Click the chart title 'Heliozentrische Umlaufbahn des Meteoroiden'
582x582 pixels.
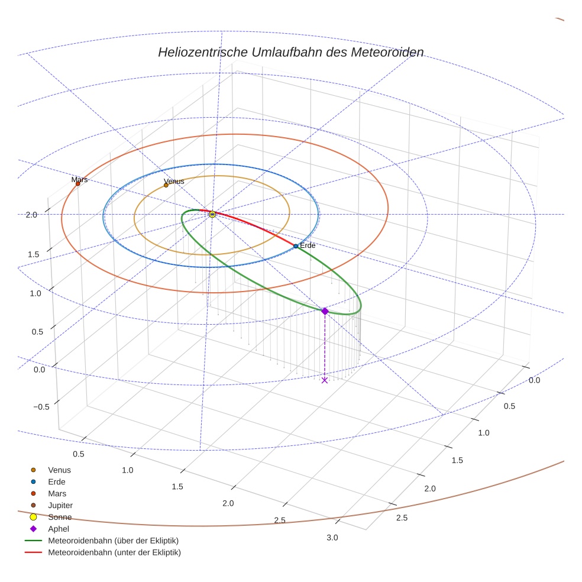[290, 52]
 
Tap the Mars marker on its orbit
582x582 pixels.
[77, 184]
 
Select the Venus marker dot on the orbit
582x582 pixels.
[166, 185]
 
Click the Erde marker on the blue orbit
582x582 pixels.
[296, 246]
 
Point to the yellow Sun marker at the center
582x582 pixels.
[212, 214]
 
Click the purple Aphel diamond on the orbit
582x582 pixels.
[324, 311]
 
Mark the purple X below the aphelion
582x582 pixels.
[324, 380]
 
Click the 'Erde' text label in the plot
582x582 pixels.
[308, 245]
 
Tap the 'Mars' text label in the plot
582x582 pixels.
[79, 179]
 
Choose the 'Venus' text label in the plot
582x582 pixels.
[174, 181]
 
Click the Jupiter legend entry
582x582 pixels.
[60, 505]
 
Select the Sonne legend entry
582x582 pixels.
[60, 517]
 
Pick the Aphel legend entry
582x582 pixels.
[59, 529]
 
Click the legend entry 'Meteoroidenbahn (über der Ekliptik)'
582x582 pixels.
[113, 541]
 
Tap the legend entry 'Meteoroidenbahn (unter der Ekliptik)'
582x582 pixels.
[114, 552]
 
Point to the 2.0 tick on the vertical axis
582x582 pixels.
[32, 215]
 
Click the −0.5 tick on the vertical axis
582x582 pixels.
[41, 406]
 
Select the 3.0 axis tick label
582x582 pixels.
[332, 538]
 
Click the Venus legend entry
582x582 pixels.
[59, 470]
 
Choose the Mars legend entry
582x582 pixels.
[57, 493]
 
